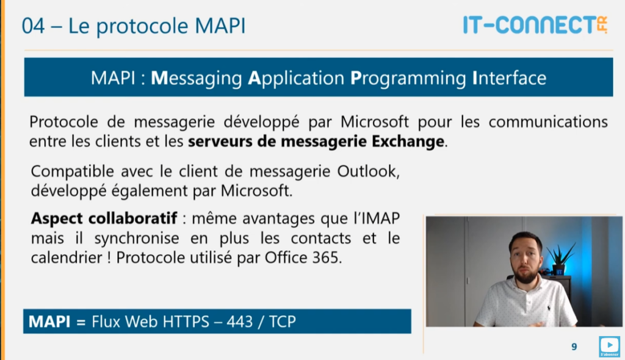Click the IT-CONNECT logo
coord(535,25)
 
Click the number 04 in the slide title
coord(33,26)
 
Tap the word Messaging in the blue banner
coord(197,78)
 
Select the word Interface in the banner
coord(509,77)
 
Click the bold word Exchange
coord(408,141)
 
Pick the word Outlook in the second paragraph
coord(368,171)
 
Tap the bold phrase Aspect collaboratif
coord(104,218)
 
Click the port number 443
coord(239,322)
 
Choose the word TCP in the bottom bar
coord(282,322)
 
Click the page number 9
coord(574,347)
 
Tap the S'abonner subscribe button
coord(610,346)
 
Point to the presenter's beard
coord(526,275)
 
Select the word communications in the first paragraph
coord(548,121)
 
